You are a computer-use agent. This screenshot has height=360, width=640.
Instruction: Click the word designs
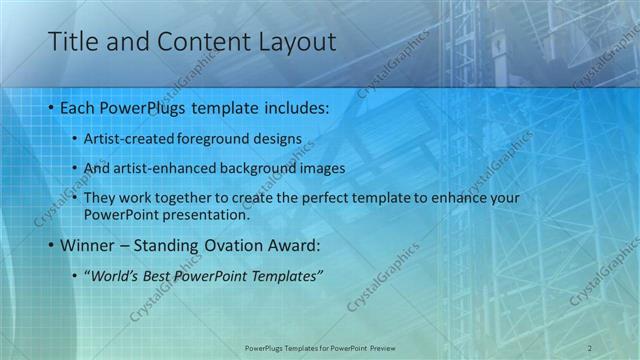275,138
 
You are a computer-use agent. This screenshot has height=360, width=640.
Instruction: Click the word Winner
87,244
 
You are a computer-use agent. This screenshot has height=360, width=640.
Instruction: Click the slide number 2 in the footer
591,347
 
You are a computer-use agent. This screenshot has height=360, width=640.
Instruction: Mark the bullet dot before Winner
51,245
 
